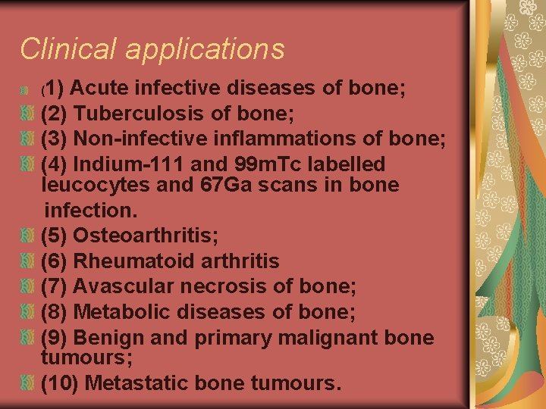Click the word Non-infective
point(145,139)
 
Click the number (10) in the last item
point(60,383)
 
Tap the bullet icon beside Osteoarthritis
point(27,236)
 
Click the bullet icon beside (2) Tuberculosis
point(27,114)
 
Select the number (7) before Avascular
point(54,287)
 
